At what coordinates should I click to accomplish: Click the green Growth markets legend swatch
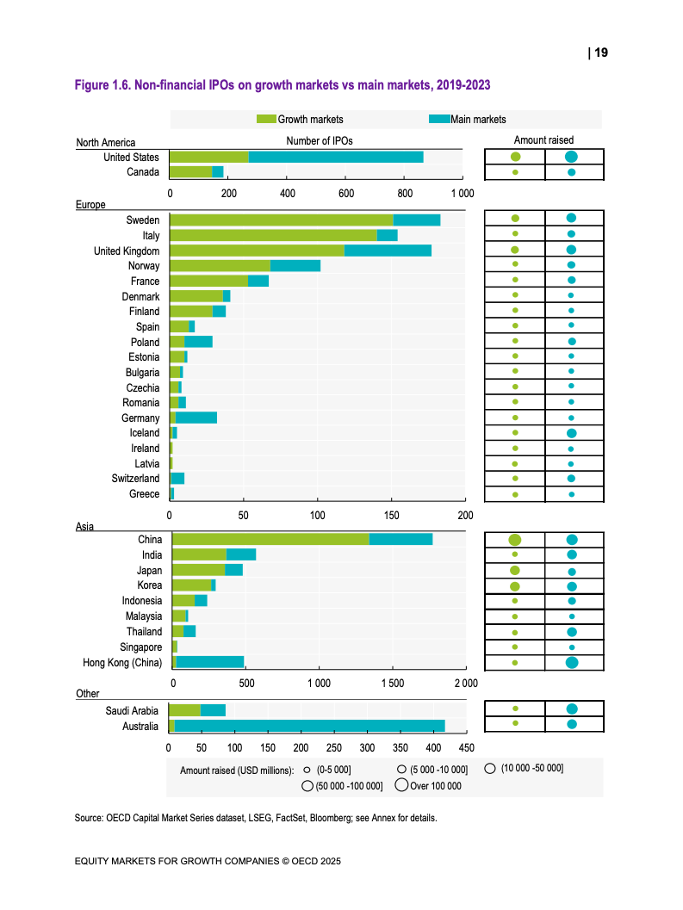[x=267, y=119]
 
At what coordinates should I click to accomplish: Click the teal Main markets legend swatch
[x=439, y=119]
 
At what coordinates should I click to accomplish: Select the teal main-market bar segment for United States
[x=336, y=158]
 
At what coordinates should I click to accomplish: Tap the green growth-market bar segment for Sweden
[x=282, y=220]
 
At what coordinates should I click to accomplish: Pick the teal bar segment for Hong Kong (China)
[x=209, y=662]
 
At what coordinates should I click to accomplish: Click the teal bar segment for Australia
[x=309, y=726]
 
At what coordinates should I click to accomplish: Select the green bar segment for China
[x=271, y=539]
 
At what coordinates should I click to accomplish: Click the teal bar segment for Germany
[x=196, y=418]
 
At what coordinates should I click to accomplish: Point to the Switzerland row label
[x=135, y=478]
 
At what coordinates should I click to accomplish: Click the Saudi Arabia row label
[x=132, y=711]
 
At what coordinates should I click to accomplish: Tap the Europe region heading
[x=90, y=204]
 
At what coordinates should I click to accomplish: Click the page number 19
[x=601, y=53]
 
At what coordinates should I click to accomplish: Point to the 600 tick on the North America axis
[x=346, y=193]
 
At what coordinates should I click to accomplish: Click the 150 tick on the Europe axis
[x=391, y=516]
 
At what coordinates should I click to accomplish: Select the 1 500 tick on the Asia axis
[x=393, y=683]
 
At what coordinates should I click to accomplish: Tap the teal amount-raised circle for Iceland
[x=572, y=434]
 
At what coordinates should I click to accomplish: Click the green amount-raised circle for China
[x=514, y=540]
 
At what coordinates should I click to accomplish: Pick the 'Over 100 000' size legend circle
[x=401, y=785]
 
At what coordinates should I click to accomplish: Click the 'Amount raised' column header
[x=543, y=139]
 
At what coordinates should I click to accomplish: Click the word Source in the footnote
[x=88, y=818]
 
